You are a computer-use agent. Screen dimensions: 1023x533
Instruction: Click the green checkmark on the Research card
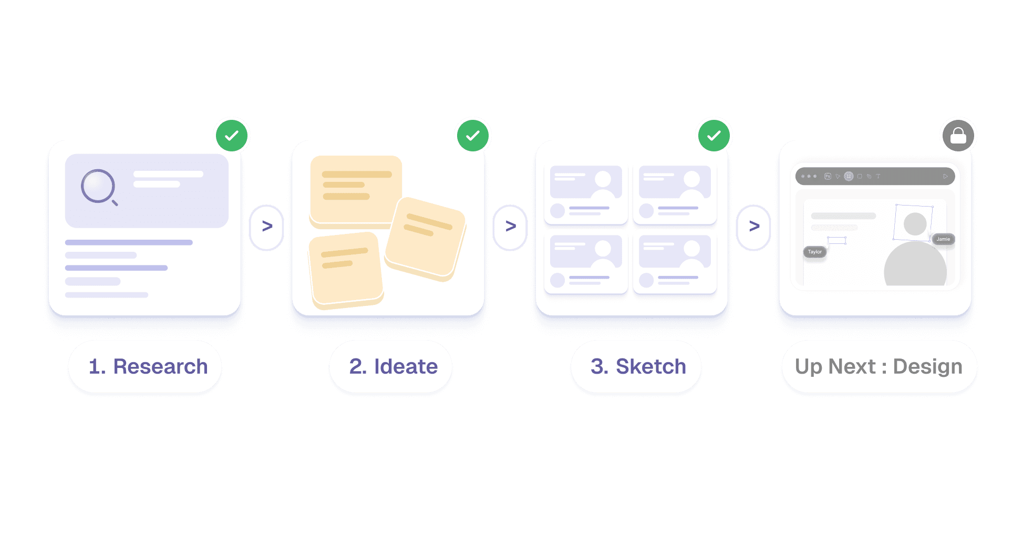tap(232, 136)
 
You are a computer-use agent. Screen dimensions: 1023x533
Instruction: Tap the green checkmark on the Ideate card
tap(473, 136)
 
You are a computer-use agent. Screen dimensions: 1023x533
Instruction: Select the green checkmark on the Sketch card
tap(714, 136)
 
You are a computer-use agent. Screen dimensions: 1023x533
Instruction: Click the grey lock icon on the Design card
tap(958, 136)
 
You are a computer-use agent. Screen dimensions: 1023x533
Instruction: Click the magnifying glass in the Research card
tap(99, 187)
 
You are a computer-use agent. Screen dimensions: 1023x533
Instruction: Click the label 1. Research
tap(148, 366)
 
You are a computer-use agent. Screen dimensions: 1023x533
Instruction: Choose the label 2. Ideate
tap(393, 366)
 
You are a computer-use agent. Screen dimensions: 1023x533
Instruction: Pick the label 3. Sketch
tap(638, 366)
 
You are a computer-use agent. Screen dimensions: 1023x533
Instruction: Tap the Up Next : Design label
tap(879, 366)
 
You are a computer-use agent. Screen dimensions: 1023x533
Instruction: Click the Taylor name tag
tap(815, 252)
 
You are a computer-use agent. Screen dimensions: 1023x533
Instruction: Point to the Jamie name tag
tap(943, 239)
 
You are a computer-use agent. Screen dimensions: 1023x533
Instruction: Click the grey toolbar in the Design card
tap(875, 176)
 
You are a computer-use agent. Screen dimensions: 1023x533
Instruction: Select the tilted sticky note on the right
tap(426, 238)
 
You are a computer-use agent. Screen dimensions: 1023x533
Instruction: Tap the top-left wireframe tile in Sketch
tap(586, 194)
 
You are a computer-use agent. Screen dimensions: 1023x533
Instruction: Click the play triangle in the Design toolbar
tap(945, 176)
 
